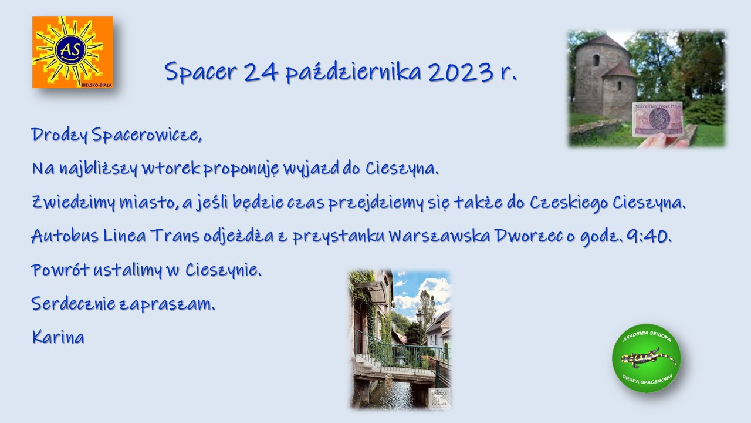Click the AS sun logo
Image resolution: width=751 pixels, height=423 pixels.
[x=72, y=52]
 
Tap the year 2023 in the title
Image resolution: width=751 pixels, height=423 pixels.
[x=461, y=72]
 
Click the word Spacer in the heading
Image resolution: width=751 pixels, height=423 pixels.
[x=201, y=72]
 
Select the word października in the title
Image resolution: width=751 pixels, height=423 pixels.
[x=353, y=72]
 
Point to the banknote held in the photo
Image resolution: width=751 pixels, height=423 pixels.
[x=657, y=119]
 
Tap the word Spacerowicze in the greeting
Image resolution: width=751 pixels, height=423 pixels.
[x=147, y=135]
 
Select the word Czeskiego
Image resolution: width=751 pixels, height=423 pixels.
[x=569, y=203]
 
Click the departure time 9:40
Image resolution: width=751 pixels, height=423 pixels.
[x=649, y=236]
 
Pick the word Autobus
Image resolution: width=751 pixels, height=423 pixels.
[x=65, y=236]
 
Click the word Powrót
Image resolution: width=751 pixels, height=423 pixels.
[x=60, y=270]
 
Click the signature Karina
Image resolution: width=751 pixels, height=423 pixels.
[x=58, y=337]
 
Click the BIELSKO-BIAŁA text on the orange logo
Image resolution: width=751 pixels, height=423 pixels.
[x=97, y=85]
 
